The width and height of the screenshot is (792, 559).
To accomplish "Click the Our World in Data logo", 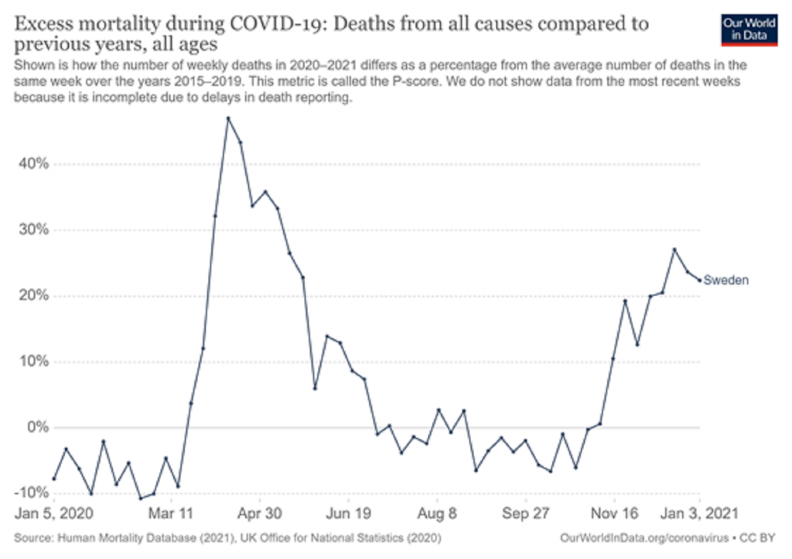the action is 749,30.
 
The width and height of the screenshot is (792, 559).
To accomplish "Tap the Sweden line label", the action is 725,280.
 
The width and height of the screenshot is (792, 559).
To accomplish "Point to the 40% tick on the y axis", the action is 34,164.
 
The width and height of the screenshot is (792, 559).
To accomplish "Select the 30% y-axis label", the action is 34,230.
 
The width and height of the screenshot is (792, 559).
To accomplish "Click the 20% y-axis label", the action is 34,295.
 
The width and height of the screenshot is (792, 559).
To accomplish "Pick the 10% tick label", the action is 34,362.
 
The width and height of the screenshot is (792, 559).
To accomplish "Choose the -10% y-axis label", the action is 31,493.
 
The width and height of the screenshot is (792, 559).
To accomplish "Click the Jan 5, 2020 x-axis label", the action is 54,513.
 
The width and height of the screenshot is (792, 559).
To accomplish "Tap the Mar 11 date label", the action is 171,513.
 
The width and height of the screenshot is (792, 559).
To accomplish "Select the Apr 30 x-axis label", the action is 260,513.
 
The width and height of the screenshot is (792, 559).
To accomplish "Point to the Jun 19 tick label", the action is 349,513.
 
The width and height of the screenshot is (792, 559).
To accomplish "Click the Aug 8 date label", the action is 437,513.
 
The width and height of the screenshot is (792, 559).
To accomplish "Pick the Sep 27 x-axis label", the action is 526,513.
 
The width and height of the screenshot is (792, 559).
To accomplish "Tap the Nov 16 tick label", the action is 614,513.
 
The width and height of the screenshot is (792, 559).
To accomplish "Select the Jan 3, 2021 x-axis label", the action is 699,513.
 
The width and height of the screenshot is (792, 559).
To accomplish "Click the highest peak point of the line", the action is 228,118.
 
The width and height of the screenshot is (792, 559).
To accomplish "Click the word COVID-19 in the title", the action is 275,24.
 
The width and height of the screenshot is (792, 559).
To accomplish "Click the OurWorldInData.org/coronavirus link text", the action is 644,538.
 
